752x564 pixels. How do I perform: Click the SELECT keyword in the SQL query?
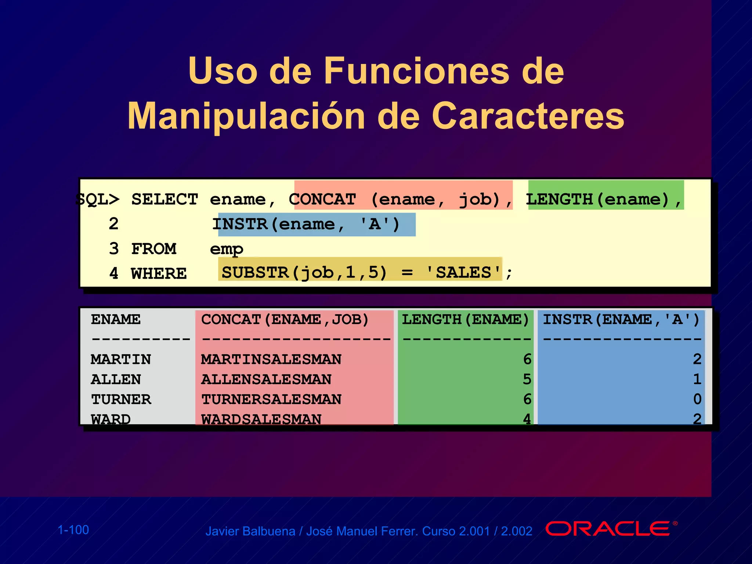pyautogui.click(x=164, y=199)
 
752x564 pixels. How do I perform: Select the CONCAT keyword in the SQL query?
pyautogui.click(x=322, y=199)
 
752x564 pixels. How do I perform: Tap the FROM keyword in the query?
pyautogui.click(x=154, y=249)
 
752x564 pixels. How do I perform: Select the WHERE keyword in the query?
pyautogui.click(x=159, y=274)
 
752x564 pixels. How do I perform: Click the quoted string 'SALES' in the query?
pyautogui.click(x=463, y=273)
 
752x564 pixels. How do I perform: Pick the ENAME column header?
pyautogui.click(x=116, y=319)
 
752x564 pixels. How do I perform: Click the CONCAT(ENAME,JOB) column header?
pyautogui.click(x=285, y=319)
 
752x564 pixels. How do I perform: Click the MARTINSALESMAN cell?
pyautogui.click(x=271, y=359)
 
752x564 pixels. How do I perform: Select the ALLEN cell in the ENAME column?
pyautogui.click(x=116, y=379)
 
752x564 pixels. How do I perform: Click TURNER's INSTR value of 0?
pyautogui.click(x=697, y=399)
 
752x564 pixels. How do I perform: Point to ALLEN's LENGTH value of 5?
pyautogui.click(x=527, y=379)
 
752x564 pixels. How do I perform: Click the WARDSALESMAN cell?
pyautogui.click(x=261, y=419)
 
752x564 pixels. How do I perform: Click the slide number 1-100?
pyautogui.click(x=73, y=530)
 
